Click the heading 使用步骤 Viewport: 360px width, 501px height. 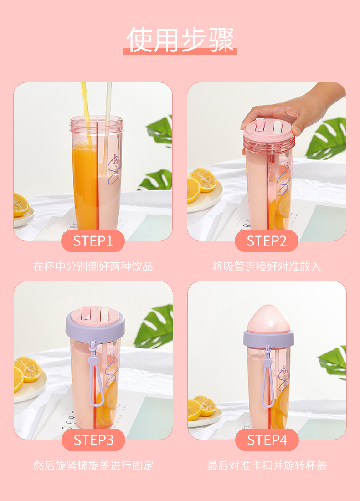coord(180,40)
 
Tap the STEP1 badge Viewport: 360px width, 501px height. coord(93,241)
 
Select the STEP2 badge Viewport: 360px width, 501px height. coord(266,241)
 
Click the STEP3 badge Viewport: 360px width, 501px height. coord(93,440)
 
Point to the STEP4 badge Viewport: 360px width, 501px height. coord(267,440)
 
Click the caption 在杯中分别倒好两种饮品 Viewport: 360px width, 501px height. coord(93,266)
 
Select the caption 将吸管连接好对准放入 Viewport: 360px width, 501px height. coord(267,266)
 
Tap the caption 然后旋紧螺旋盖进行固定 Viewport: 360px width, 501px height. coord(93,465)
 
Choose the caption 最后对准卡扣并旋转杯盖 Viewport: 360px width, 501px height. coord(267,465)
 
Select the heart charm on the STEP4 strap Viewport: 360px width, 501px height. coord(266,363)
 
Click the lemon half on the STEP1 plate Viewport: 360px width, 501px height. coord(21,204)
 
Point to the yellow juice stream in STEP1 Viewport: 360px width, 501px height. coord(87,112)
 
